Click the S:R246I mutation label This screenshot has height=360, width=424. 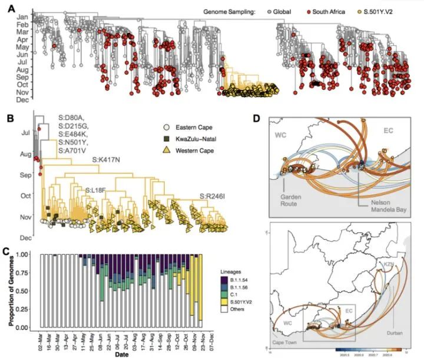point(214,195)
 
